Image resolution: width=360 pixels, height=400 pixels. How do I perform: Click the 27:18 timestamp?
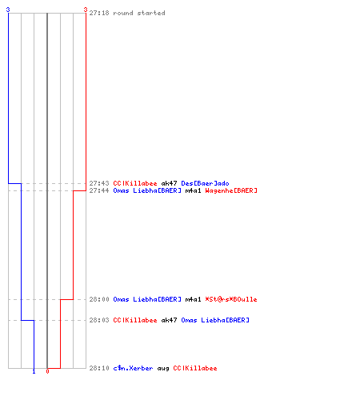(x=99, y=13)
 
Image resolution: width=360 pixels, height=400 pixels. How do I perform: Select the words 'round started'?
(x=139, y=13)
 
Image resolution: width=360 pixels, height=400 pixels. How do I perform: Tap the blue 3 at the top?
(x=8, y=10)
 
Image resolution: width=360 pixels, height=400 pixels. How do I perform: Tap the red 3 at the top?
(x=86, y=10)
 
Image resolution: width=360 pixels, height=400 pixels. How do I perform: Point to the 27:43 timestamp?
(x=99, y=183)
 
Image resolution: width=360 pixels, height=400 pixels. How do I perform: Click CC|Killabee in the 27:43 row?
(x=135, y=183)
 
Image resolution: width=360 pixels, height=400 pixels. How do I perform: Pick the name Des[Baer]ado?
(x=205, y=183)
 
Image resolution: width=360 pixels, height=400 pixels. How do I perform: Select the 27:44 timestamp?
(x=99, y=190)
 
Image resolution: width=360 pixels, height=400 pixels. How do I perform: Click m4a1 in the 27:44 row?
(x=193, y=190)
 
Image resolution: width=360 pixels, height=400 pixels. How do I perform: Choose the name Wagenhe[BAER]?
(x=231, y=190)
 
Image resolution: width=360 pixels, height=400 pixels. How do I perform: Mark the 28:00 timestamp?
(x=99, y=299)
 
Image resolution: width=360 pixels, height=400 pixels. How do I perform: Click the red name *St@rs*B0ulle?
(x=231, y=299)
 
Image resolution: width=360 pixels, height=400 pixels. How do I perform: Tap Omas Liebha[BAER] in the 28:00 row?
(x=147, y=299)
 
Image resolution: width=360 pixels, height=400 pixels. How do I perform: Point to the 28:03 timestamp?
(x=99, y=320)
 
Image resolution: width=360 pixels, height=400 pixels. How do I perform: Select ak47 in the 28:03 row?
(x=169, y=320)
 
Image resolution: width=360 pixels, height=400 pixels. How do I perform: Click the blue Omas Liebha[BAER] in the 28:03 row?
(x=215, y=320)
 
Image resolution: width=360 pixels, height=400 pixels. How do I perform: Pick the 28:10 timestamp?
(x=99, y=368)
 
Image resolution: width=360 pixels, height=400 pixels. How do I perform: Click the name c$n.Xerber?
(x=133, y=368)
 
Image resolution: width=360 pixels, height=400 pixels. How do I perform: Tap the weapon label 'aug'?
(x=163, y=369)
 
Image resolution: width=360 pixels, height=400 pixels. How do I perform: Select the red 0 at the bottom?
(x=47, y=371)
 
